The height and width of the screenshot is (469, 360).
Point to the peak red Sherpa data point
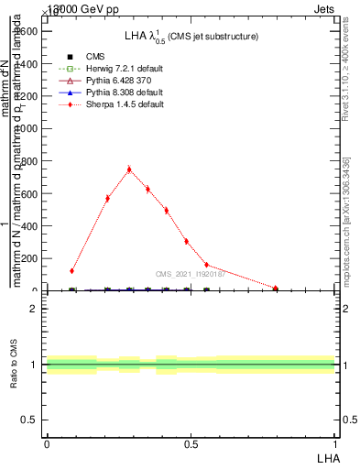tap(129, 169)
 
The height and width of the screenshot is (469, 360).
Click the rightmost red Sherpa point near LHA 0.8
tap(276, 289)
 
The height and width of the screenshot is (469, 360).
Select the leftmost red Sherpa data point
tap(71, 271)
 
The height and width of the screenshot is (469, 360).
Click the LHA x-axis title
tap(328, 456)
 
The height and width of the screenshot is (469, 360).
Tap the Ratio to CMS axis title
tap(16, 365)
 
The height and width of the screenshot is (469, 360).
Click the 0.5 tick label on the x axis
tap(191, 444)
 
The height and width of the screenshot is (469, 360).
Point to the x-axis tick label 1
tap(335, 444)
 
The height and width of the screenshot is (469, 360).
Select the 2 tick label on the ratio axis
tap(35, 309)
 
